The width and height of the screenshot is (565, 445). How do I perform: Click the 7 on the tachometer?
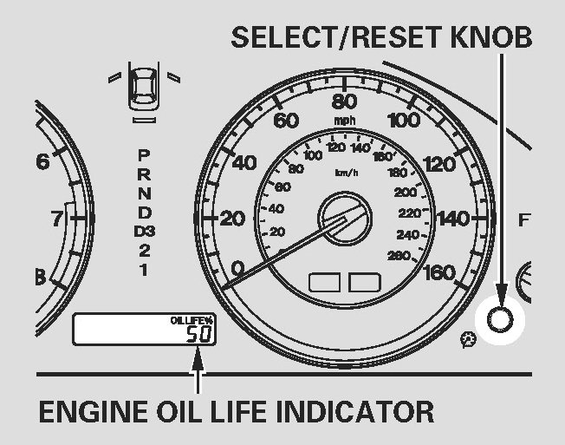click(56, 218)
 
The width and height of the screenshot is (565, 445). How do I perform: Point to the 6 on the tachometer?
click(42, 161)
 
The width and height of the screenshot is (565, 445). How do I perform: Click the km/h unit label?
click(347, 172)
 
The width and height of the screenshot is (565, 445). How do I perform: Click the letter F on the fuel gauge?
click(523, 219)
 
